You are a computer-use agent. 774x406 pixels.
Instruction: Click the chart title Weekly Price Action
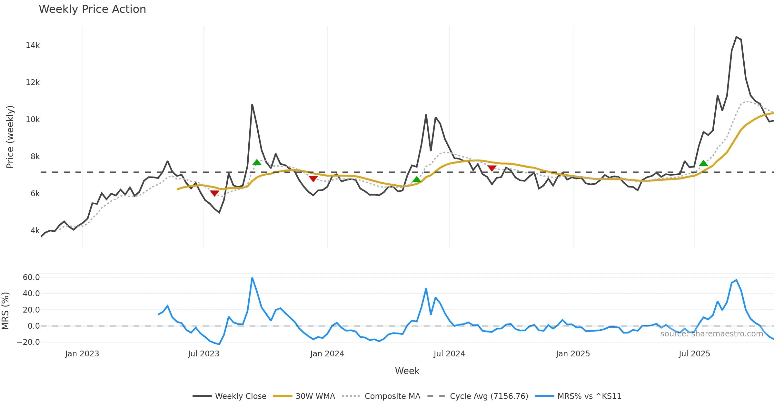(92, 9)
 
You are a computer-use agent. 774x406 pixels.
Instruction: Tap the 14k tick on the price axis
(33, 45)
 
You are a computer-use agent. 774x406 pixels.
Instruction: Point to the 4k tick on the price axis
(35, 231)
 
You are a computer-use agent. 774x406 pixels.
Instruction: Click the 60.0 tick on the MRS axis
(31, 277)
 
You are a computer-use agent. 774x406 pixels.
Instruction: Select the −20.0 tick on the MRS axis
(28, 342)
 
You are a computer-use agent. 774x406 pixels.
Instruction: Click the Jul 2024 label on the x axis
(449, 354)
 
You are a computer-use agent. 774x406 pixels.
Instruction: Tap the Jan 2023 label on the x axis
(82, 354)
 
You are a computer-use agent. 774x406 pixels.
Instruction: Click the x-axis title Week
(407, 371)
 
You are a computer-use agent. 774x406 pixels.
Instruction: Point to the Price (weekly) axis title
(10, 137)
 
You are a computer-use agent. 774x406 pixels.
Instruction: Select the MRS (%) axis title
(5, 311)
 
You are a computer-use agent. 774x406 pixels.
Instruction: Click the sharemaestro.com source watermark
(711, 334)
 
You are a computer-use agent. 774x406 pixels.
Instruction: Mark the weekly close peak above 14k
(737, 37)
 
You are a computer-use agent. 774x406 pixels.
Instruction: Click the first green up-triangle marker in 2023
(257, 162)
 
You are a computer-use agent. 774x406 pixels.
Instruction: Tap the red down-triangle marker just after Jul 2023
(214, 193)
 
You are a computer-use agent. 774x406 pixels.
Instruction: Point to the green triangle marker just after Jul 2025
(703, 163)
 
